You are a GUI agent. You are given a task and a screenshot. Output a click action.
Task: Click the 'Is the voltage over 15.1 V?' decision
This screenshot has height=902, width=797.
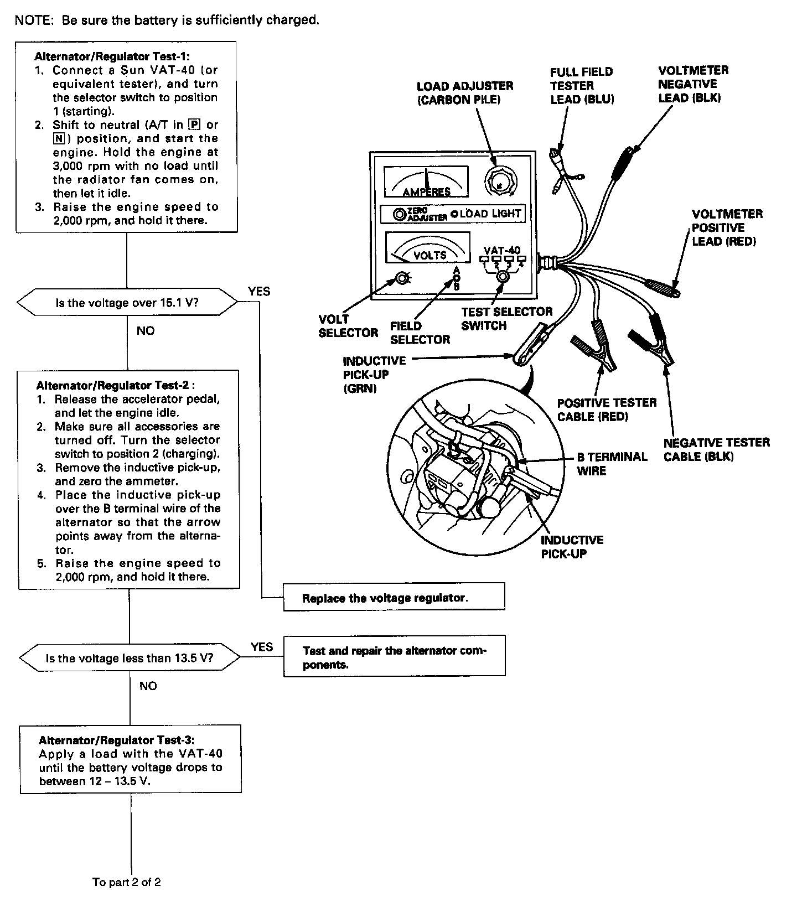click(x=127, y=303)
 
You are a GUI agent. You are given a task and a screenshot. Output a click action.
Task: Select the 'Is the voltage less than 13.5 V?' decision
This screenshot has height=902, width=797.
click(x=130, y=658)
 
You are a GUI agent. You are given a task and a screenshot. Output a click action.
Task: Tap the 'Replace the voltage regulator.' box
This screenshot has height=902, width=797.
click(x=394, y=598)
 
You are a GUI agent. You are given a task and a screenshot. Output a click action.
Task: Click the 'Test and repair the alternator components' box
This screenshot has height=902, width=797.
click(x=394, y=657)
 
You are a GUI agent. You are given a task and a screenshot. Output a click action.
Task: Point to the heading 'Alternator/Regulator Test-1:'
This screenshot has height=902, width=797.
click(x=115, y=56)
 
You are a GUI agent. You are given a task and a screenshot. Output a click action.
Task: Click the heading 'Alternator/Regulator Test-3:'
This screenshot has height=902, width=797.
click(x=116, y=740)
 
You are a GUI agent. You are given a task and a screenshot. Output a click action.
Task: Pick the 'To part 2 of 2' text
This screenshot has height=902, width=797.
click(x=127, y=882)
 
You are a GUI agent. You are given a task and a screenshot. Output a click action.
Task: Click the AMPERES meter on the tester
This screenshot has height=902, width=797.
click(x=426, y=182)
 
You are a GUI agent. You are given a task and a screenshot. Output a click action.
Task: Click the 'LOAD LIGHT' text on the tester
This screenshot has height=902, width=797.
click(x=490, y=214)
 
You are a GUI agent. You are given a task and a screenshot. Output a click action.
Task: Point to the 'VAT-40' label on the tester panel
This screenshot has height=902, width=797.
click(x=502, y=250)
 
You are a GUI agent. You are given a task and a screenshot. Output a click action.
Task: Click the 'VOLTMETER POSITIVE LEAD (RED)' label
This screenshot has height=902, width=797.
click(x=727, y=227)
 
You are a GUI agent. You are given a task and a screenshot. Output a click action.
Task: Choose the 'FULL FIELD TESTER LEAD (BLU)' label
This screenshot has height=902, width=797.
click(x=582, y=86)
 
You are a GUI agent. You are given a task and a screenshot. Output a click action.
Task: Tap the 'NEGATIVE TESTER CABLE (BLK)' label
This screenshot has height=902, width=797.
click(x=716, y=449)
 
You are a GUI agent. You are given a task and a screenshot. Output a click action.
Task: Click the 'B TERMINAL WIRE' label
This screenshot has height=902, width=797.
click(x=612, y=464)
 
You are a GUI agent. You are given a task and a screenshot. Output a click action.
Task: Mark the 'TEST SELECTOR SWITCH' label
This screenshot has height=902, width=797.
click(x=506, y=319)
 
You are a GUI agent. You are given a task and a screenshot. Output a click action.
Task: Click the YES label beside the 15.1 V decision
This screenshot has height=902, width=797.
click(x=258, y=292)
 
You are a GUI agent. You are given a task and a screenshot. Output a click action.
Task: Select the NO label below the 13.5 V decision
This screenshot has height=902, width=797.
click(x=148, y=686)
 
